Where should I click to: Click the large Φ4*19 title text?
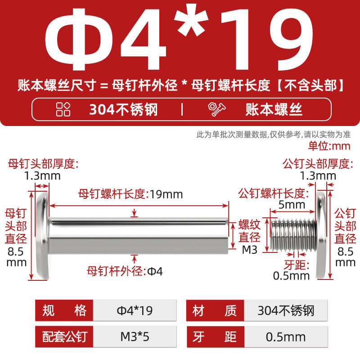coord(179,39)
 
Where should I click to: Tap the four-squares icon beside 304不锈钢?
coord(63,109)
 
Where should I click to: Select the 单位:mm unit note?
coord(329,146)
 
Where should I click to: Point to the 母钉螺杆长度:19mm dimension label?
coord(130,194)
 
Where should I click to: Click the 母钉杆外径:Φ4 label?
coord(125,271)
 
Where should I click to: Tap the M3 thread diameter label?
coord(250,250)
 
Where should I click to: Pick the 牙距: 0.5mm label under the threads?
coord(292,270)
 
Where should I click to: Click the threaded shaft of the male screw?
coord(293,234)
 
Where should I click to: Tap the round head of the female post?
coord(43,235)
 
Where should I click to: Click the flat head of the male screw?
coord(321,235)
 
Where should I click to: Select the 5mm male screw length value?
coord(292,205)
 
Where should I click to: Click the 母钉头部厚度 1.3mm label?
coord(43,170)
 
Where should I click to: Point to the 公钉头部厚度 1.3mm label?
coord(318,170)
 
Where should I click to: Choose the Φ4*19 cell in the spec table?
coord(135,310)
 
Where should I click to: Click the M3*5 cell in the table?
coord(135,337)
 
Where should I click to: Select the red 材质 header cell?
coord(215,310)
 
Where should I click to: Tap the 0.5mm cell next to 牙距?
coord(286,337)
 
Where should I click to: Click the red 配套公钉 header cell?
coord(64,337)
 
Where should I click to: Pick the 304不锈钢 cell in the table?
coord(286,310)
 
